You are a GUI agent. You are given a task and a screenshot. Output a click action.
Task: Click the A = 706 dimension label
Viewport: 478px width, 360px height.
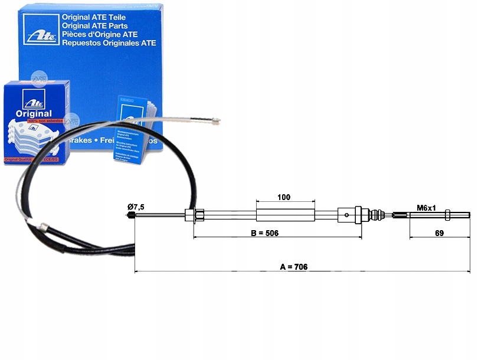coord(293,267)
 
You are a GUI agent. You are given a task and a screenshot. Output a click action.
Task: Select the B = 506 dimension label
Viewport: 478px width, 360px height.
coord(264,233)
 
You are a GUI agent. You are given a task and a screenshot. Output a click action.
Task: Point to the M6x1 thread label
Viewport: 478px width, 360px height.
coord(426,208)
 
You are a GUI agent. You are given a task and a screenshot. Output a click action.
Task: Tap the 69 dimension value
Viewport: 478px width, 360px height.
coord(439,233)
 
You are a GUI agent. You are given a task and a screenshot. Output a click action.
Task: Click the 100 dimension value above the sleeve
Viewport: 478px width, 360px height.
coord(283,197)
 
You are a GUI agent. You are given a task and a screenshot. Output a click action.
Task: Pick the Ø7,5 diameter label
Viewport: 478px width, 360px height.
coord(136,207)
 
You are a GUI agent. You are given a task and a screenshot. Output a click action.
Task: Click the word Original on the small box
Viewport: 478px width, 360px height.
coord(33,113)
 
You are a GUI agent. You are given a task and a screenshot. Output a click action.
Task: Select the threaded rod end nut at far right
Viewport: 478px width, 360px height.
coord(448,214)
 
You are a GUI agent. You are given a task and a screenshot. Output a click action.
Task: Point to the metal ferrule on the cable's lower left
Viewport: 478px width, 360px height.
coord(43,227)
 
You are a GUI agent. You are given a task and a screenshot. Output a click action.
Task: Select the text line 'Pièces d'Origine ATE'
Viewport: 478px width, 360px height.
coord(106,34)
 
